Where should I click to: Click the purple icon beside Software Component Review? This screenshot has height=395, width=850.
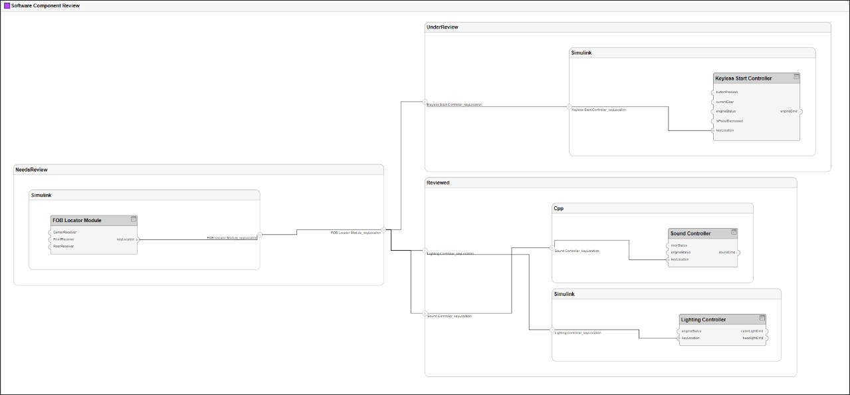coord(7,5)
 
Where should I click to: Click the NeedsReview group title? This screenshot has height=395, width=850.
coord(31,170)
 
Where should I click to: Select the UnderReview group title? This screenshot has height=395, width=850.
coord(442,27)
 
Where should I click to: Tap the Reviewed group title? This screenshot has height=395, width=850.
coord(438,182)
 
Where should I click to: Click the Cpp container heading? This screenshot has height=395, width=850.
coord(558,208)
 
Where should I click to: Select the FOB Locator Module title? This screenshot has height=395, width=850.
coord(77,220)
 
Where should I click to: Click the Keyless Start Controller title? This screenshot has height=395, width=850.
coord(743,78)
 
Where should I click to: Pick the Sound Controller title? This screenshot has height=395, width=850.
coord(691,233)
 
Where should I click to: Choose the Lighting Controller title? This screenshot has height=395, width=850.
coord(703,320)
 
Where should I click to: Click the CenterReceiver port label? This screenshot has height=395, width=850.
coord(64,232)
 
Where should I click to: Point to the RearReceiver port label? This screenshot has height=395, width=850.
coord(63,246)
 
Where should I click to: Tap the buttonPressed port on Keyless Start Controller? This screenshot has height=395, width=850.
coord(726,92)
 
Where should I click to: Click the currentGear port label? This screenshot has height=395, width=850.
coord(725,102)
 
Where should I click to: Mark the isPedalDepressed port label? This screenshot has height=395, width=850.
coord(729,121)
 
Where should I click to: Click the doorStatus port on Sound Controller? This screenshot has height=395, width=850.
coord(679,245)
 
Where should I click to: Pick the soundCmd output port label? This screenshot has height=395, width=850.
coord(727,252)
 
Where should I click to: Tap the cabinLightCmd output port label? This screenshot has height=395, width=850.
coord(752,330)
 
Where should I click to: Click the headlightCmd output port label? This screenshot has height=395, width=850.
coord(752,338)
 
